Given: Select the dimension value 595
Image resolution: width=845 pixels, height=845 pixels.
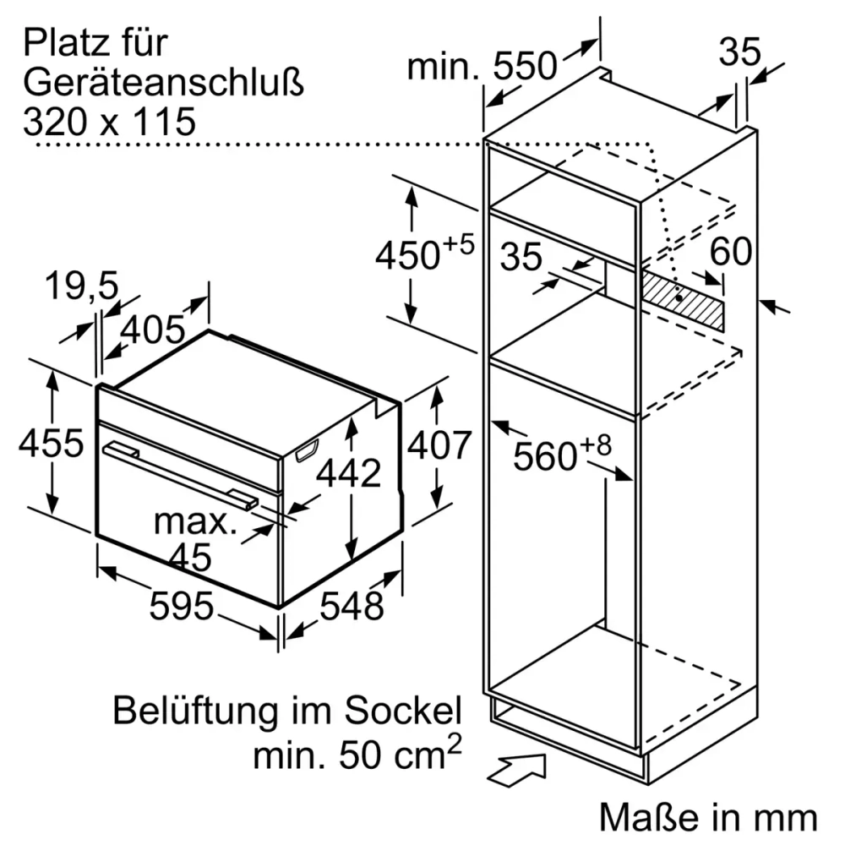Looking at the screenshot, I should coord(181,605).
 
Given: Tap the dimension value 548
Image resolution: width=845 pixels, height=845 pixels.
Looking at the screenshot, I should coord(352,605).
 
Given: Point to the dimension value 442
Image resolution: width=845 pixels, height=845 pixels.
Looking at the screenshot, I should coord(349,474).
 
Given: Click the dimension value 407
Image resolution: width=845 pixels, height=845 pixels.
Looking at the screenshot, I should coord(438,444).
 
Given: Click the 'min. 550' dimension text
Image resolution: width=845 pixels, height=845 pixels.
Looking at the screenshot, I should coord(482,66).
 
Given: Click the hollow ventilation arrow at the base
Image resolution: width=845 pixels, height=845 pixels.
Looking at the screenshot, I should coord(517,769).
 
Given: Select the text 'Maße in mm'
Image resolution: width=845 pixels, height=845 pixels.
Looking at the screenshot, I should coord(708,818).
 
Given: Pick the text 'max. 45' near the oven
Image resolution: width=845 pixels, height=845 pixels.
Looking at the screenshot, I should coord(195,538).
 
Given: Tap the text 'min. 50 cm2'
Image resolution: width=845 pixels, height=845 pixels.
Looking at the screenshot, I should coord(358,753).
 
